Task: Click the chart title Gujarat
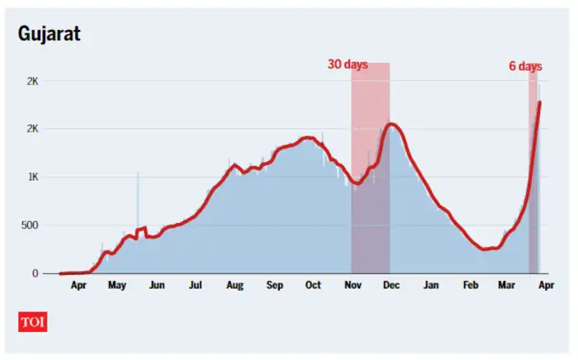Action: click(x=49, y=34)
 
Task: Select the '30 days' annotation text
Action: click(x=348, y=64)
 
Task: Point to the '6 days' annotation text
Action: click(x=524, y=64)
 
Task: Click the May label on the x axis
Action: click(x=116, y=286)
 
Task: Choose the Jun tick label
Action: click(x=156, y=286)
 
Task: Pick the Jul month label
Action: click(x=196, y=286)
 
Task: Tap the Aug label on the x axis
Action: click(x=235, y=286)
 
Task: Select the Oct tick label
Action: click(x=313, y=286)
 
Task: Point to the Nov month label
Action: click(x=353, y=286)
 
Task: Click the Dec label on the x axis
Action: click(x=391, y=286)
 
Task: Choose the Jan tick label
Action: click(x=431, y=286)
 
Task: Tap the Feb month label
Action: click(x=470, y=286)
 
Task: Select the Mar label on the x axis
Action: click(x=506, y=286)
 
